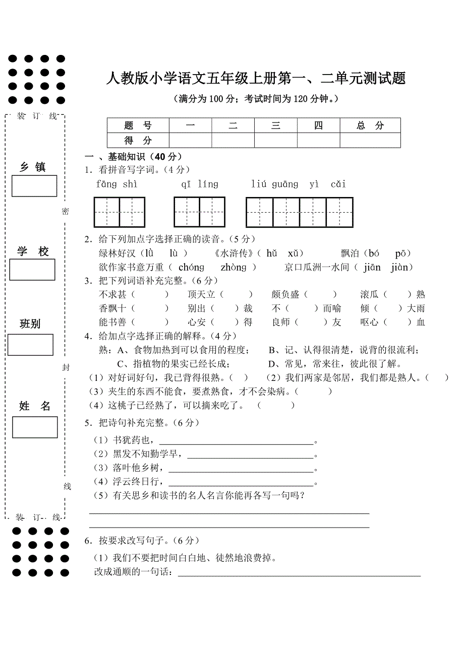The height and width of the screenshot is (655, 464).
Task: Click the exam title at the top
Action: pos(256,79)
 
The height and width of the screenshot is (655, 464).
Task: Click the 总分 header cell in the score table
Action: pos(370,125)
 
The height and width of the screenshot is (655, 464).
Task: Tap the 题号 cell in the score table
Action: pos(138,125)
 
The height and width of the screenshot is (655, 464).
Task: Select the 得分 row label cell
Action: pos(138,140)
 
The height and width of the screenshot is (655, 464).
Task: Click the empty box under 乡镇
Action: pos(34,186)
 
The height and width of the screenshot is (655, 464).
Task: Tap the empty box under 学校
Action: pos(32,270)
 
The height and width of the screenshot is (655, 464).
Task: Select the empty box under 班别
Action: pos(30,345)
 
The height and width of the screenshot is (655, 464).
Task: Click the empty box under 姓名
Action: pos(35,427)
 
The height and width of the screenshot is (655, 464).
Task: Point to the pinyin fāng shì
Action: pos(117,184)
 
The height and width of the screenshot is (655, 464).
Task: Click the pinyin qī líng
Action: pos(200,184)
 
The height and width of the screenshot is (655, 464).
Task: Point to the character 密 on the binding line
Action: pos(66,212)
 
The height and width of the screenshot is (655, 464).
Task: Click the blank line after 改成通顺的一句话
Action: pos(299,573)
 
